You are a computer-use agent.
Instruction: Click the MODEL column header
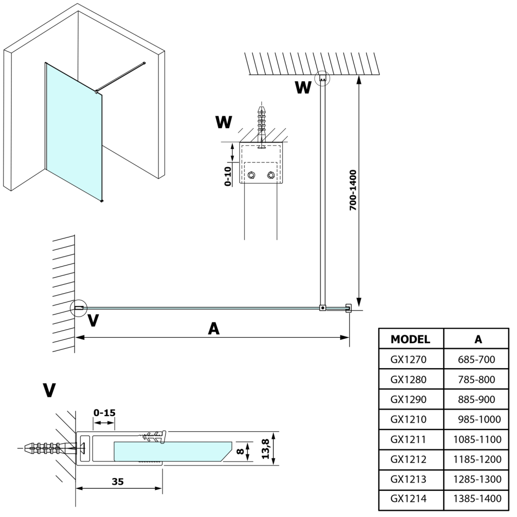coord(410,339)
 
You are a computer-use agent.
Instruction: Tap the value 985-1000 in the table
coord(478,419)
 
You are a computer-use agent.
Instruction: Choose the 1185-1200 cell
coord(478,459)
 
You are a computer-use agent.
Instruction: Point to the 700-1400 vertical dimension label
coord(353,190)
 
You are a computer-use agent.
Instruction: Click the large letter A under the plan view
coord(214,329)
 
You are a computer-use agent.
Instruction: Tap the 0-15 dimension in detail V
coord(105,412)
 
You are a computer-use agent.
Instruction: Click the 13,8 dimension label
coord(267,448)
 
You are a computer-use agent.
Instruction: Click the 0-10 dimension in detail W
coord(228,176)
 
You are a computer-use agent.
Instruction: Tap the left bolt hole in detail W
coord(251,175)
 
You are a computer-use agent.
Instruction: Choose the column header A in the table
coord(478,339)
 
